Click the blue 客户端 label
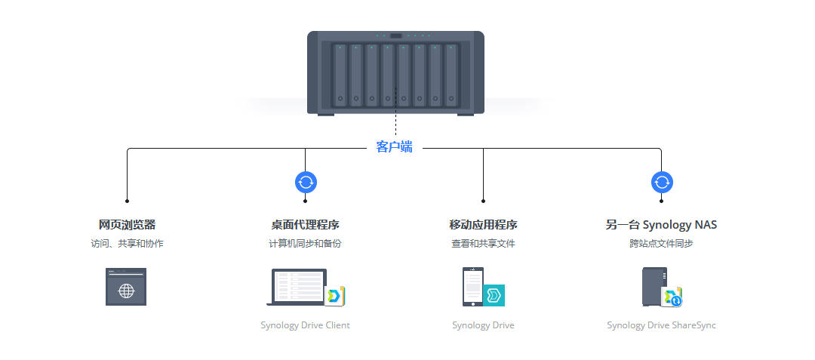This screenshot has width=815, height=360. (394, 147)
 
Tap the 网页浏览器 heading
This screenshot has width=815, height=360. (127, 225)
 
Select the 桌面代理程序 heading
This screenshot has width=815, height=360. (305, 225)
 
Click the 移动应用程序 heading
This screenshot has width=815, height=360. (484, 225)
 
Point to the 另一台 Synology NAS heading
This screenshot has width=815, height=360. (661, 225)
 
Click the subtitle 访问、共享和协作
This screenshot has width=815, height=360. (127, 243)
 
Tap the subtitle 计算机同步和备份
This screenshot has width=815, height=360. (305, 243)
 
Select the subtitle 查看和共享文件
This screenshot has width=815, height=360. (484, 243)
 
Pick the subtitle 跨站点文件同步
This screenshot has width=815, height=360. (661, 243)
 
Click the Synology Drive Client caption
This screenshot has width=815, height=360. (305, 325)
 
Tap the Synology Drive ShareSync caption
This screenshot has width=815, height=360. (661, 325)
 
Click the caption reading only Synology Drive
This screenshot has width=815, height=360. (484, 325)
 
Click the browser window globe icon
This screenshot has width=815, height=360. (126, 287)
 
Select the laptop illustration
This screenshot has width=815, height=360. (297, 287)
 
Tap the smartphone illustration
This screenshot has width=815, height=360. (473, 287)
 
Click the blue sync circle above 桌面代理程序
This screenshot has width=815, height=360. (306, 183)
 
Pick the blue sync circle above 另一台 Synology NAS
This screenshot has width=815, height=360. (662, 183)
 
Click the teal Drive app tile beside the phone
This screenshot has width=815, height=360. (494, 295)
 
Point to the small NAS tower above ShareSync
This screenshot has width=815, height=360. (654, 286)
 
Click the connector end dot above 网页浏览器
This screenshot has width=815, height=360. (127, 201)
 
